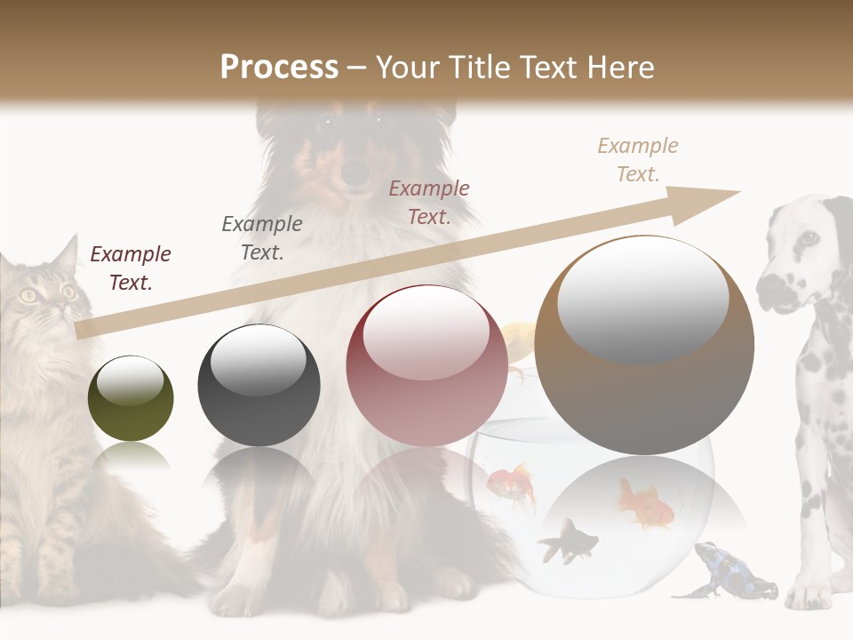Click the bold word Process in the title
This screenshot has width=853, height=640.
click(x=279, y=68)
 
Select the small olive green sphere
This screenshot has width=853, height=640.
click(x=131, y=398)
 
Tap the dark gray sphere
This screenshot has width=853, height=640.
click(x=259, y=385)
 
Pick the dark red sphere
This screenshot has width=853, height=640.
click(x=426, y=364)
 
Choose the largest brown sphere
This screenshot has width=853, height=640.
click(x=644, y=345)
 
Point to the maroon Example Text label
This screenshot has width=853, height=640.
click(x=130, y=268)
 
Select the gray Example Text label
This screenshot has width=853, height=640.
click(x=261, y=237)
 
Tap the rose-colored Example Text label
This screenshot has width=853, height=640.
click(x=429, y=202)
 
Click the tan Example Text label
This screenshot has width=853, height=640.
click(x=637, y=159)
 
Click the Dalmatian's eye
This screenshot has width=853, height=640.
click(x=809, y=238)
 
